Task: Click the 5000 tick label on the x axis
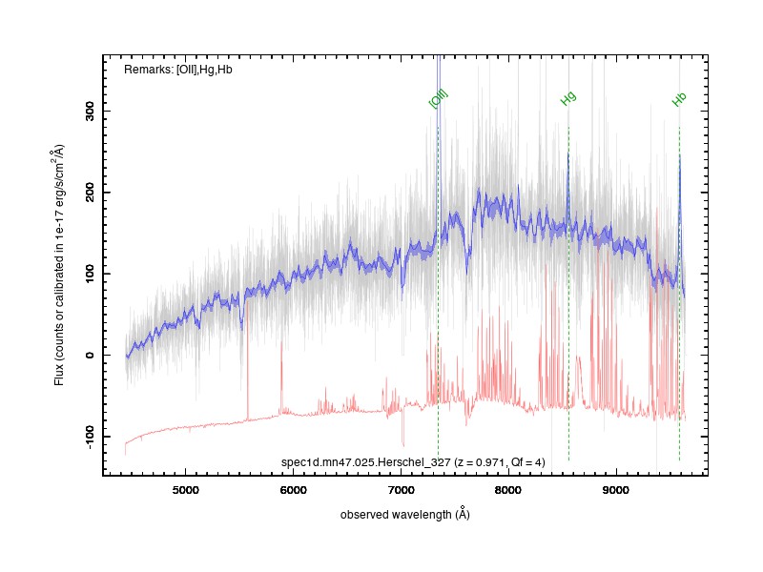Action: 185,490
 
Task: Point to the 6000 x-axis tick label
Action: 293,490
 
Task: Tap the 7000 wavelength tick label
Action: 401,490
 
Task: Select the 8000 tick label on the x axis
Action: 508,490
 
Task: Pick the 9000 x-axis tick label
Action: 615,490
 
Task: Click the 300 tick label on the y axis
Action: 90,111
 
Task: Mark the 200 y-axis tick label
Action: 90,193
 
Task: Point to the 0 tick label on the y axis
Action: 90,355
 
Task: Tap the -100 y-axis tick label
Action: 90,437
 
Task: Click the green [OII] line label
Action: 438,99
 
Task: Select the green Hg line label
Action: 567,98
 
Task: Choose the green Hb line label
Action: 679,99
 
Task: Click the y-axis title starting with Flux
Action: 58,265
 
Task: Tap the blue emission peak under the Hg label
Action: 568,154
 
